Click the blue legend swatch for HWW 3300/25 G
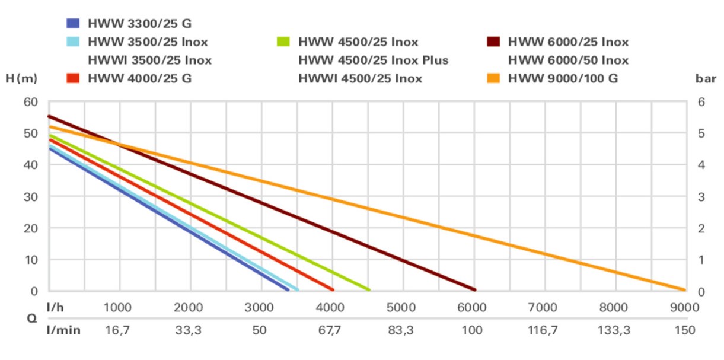coord(73,24)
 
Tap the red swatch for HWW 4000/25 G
coord(73,78)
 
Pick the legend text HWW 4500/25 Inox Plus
coord(373,60)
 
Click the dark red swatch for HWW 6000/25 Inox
coord(494,42)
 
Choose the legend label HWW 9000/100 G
coord(563,78)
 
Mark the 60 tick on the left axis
coord(31,102)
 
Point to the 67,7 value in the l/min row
coord(330,330)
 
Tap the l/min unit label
coord(63,330)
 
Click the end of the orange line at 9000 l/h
coord(684,290)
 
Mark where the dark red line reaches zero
coord(474,289)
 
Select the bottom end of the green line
coord(368,289)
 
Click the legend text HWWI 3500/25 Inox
coord(149,60)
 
